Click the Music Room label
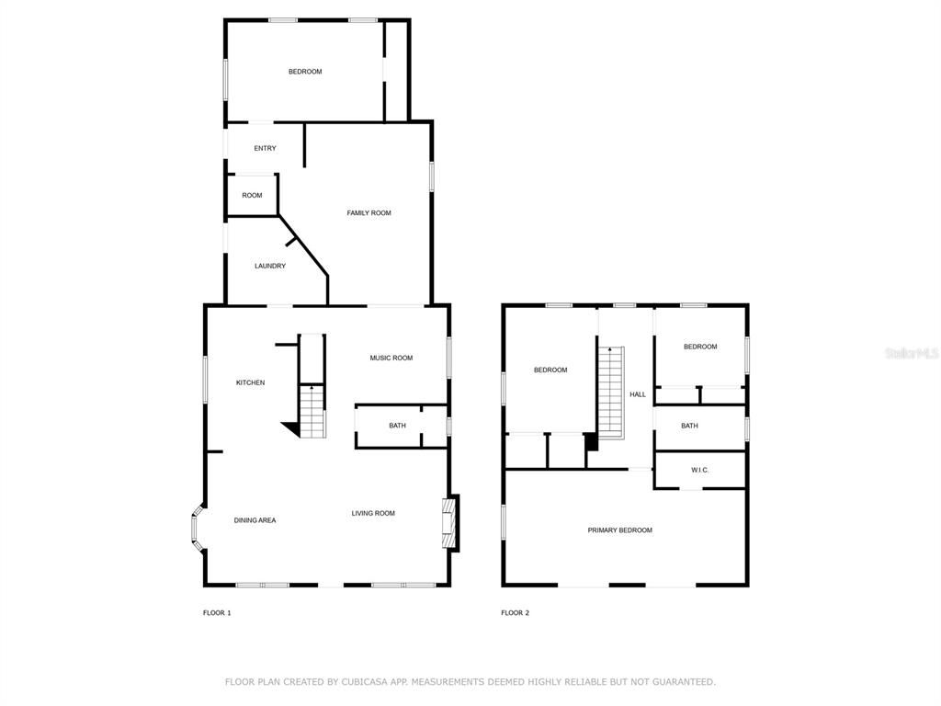(391, 358)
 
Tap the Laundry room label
(270, 266)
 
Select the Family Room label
(368, 213)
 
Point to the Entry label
(265, 148)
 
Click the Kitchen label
(250, 382)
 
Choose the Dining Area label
(255, 520)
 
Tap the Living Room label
(373, 513)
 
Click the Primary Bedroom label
(620, 530)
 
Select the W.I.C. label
(700, 470)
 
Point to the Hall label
(638, 394)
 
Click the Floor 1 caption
(217, 612)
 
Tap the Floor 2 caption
(515, 612)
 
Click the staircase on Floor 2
(611, 393)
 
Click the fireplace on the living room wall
(449, 524)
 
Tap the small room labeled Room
(252, 195)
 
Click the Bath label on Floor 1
(397, 426)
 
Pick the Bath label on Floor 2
(689, 426)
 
